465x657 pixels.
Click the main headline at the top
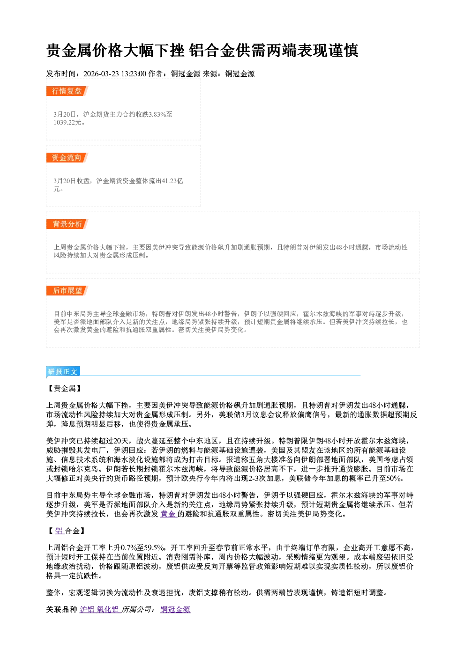tap(202, 50)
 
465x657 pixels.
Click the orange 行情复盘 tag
tap(67, 91)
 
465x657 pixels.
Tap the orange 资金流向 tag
tap(67, 157)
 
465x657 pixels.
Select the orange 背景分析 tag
tap(67, 224)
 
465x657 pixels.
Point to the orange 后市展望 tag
tap(67, 291)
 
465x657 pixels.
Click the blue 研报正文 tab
tap(63, 372)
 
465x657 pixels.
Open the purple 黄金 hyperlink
tap(168, 514)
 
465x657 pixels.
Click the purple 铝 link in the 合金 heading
tap(59, 531)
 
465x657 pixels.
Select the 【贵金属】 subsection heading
tap(65, 388)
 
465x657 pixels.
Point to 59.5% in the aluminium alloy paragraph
tap(154, 547)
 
